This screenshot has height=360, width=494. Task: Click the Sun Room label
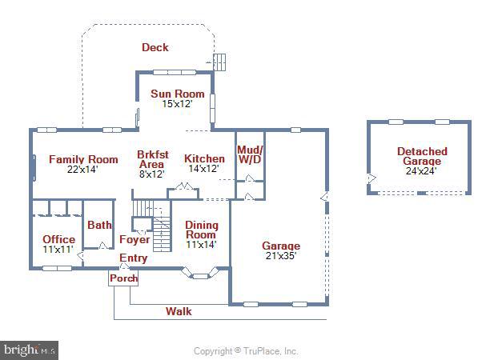click(x=178, y=94)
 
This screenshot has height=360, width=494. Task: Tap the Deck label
click(x=155, y=47)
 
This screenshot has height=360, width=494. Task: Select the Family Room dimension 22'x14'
click(x=82, y=170)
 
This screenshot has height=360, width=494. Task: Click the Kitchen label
click(x=204, y=158)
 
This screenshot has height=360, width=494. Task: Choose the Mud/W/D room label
click(x=250, y=155)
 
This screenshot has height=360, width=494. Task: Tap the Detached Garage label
click(x=421, y=156)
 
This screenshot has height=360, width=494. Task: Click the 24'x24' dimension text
click(x=421, y=170)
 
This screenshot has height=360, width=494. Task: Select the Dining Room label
click(x=201, y=230)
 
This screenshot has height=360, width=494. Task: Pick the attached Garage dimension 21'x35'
click(x=281, y=256)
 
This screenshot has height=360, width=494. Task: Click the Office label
click(x=58, y=239)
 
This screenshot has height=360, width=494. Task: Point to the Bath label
click(x=99, y=226)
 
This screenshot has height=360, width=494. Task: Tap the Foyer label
click(x=134, y=239)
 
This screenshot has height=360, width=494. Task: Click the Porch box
click(x=123, y=278)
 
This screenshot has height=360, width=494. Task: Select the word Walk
click(x=179, y=311)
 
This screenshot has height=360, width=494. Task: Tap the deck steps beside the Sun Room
click(x=221, y=62)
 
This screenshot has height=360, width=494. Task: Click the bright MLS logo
click(x=30, y=350)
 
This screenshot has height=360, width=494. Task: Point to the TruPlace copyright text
click(x=246, y=350)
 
